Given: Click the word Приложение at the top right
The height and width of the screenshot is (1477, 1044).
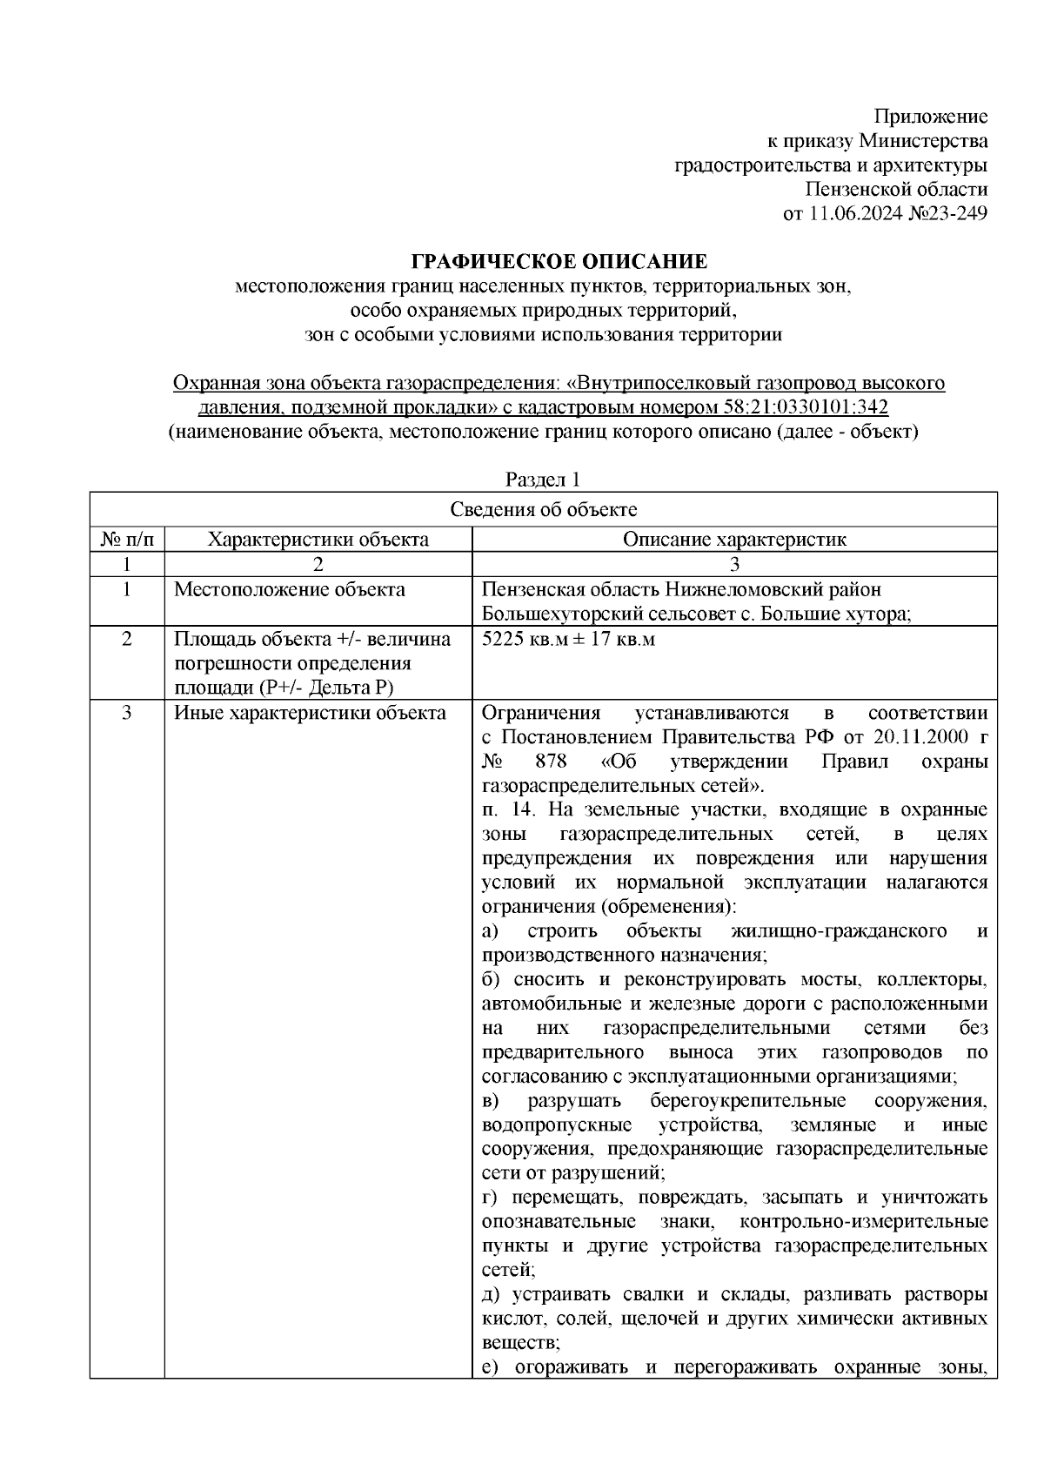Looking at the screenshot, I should click(931, 117).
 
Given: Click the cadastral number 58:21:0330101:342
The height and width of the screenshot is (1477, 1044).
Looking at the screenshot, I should click(805, 407).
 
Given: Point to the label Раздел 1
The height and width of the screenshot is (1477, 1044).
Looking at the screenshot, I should click(543, 480).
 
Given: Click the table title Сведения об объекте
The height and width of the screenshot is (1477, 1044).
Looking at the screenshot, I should click(543, 510).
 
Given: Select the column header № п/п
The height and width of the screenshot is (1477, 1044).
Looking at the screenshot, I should click(127, 540).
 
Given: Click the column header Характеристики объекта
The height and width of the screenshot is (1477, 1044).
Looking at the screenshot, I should click(318, 540).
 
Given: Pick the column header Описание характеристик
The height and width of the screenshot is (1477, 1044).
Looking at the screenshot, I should click(734, 540).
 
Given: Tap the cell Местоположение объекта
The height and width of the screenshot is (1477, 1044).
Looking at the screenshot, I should click(290, 590).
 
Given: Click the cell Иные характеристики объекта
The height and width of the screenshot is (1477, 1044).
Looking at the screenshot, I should click(310, 714).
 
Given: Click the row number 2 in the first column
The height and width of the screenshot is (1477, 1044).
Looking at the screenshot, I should click(127, 640).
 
